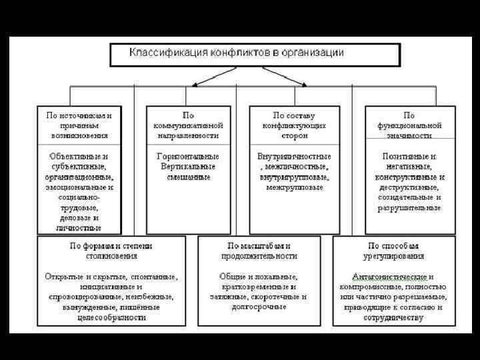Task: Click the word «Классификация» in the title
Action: (x=160, y=52)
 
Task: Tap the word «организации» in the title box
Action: (x=314, y=52)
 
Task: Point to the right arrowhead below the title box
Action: (x=305, y=85)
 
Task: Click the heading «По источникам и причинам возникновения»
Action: (x=79, y=125)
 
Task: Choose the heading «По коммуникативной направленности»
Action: (x=188, y=125)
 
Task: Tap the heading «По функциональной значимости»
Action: (x=409, y=125)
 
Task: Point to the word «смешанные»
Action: (x=188, y=177)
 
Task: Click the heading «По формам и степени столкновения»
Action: (x=111, y=251)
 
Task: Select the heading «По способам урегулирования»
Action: (x=393, y=251)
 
